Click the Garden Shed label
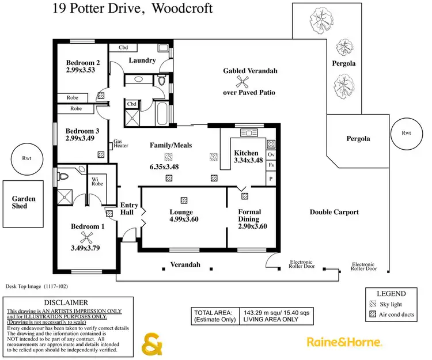point(24,203)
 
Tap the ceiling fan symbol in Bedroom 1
point(87,238)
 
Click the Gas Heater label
point(120,143)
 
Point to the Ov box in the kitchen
point(271,155)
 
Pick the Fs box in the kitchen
point(271,165)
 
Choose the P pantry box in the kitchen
point(271,179)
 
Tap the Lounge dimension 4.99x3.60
point(184,219)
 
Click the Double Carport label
point(334,212)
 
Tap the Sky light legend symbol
point(372,304)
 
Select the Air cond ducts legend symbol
point(372,315)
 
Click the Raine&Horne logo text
point(344,342)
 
